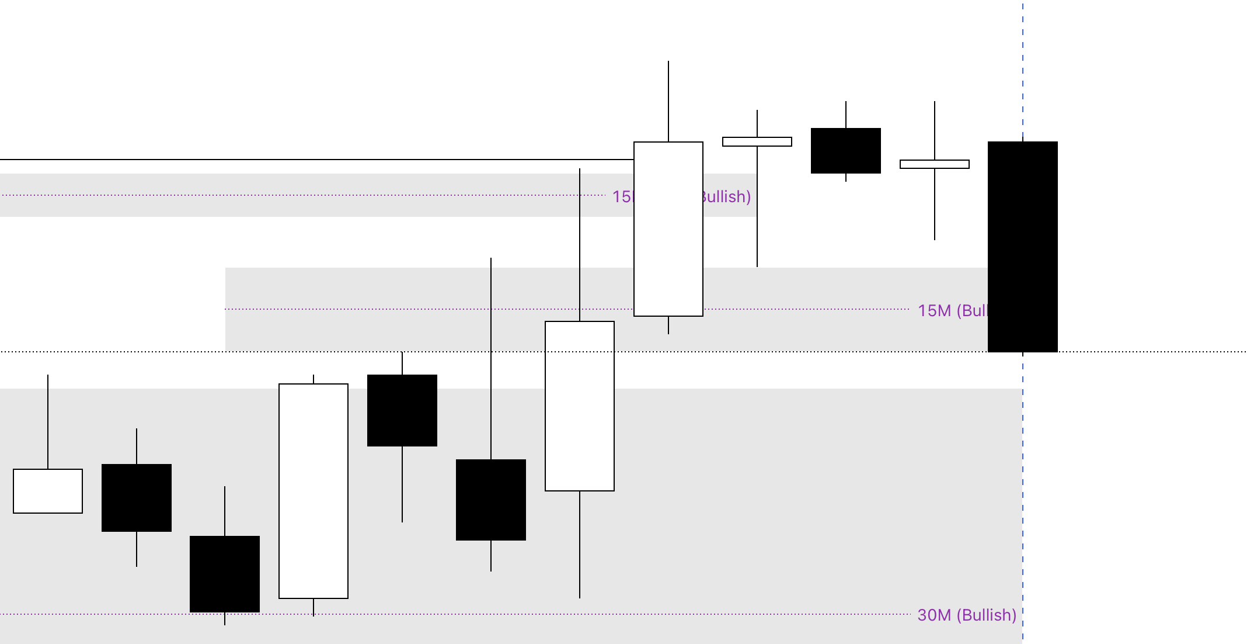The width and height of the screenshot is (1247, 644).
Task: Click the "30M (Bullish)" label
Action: coord(966,615)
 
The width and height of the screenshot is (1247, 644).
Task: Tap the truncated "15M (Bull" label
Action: coord(952,310)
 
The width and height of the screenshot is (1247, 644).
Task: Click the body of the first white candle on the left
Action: coord(48,491)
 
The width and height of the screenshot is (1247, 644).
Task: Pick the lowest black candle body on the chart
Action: coord(225,574)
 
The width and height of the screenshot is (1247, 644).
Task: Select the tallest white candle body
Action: coord(314,491)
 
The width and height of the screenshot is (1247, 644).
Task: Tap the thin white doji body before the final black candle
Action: coord(935,164)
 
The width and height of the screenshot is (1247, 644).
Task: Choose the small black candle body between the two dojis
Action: coord(846,151)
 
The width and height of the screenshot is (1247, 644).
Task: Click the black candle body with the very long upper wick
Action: coord(491,500)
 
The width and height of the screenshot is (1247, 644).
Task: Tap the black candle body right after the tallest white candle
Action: coord(402,410)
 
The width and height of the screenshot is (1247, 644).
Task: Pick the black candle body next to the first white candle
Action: coord(137,498)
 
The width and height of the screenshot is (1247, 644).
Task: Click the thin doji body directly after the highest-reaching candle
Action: coord(757,141)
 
